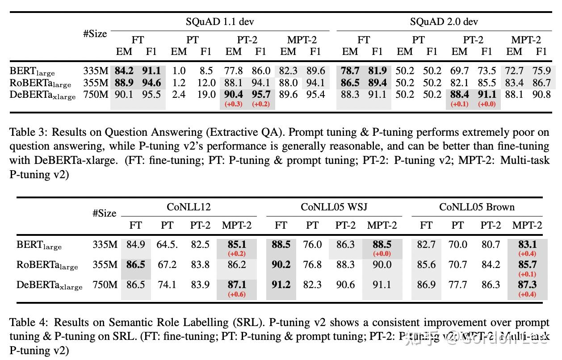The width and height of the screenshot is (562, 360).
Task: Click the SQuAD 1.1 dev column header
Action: click(220, 21)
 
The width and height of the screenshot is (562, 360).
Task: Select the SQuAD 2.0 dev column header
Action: click(444, 21)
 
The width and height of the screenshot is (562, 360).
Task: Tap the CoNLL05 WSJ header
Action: click(334, 207)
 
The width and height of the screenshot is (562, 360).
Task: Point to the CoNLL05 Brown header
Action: click(477, 207)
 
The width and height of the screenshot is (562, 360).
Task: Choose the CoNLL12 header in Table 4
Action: click(189, 207)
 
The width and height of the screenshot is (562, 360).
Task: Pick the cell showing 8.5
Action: click(206, 71)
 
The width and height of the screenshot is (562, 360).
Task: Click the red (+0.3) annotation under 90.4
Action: click(233, 104)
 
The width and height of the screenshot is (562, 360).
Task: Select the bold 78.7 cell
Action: click(350, 71)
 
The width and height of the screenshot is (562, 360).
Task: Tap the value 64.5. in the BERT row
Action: click(167, 245)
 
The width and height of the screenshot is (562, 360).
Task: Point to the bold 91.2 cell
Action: click(281, 285)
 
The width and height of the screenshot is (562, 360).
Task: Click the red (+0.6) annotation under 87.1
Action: click(237, 294)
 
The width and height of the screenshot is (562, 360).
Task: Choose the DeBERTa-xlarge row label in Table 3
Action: click(42, 95)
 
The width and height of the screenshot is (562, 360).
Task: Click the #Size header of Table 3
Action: click(95, 34)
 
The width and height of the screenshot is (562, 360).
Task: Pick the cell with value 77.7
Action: click(457, 285)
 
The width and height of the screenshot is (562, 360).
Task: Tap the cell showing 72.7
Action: click(514, 71)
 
